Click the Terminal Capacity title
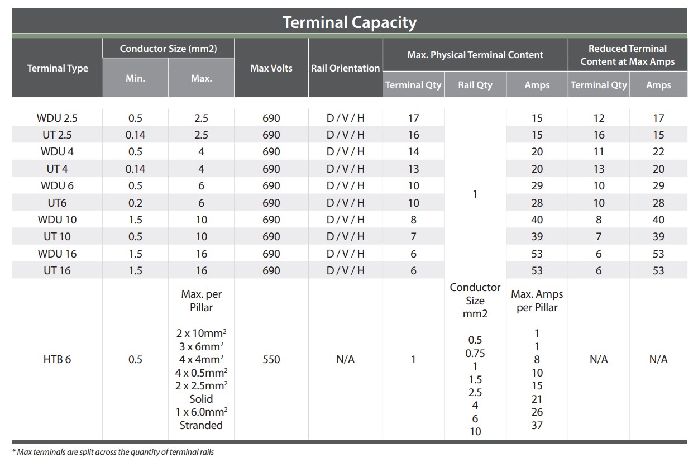pos(350,22)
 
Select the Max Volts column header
pos(271,68)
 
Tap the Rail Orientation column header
pos(345,68)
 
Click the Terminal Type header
pos(58,68)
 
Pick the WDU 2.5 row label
pos(58,118)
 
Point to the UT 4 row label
pos(58,169)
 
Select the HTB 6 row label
pos(58,359)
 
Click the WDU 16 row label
pos(58,254)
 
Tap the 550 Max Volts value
pos(271,359)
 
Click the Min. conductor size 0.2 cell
pos(135,203)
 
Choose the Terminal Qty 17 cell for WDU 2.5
pos(413,118)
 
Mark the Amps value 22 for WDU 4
pos(658,152)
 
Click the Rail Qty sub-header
pos(475,85)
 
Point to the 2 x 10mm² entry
pos(201,333)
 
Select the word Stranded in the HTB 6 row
pos(201,425)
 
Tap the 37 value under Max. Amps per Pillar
pos(537,425)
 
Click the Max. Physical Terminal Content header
pos(475,55)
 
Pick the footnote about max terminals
pos(113,452)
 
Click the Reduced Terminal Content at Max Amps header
pos(628,55)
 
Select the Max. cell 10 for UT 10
pos(201,237)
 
